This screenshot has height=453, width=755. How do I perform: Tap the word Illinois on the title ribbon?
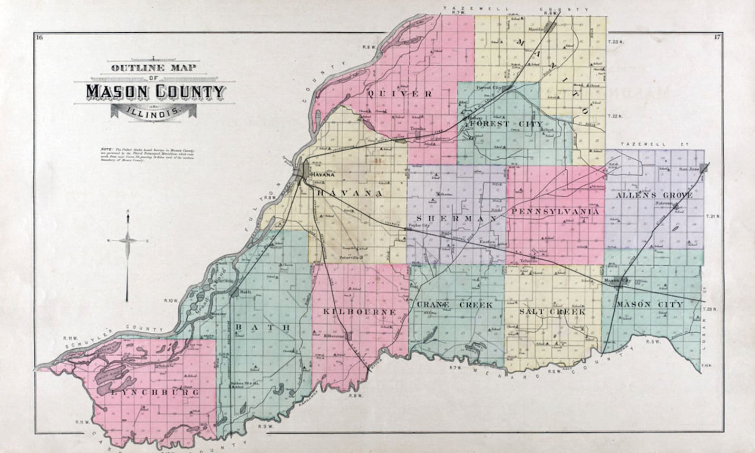point(155,113)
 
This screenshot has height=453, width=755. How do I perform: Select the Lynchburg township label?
point(155,393)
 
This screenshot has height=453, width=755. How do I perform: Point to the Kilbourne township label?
point(359,312)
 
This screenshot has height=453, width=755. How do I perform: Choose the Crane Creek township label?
point(455,305)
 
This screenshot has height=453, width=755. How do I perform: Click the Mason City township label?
point(650,304)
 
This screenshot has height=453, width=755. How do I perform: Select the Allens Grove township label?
point(654,195)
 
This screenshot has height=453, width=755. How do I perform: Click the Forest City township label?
point(506,124)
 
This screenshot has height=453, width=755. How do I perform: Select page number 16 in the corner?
point(39,38)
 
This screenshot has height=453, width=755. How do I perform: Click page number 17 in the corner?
point(717,37)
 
